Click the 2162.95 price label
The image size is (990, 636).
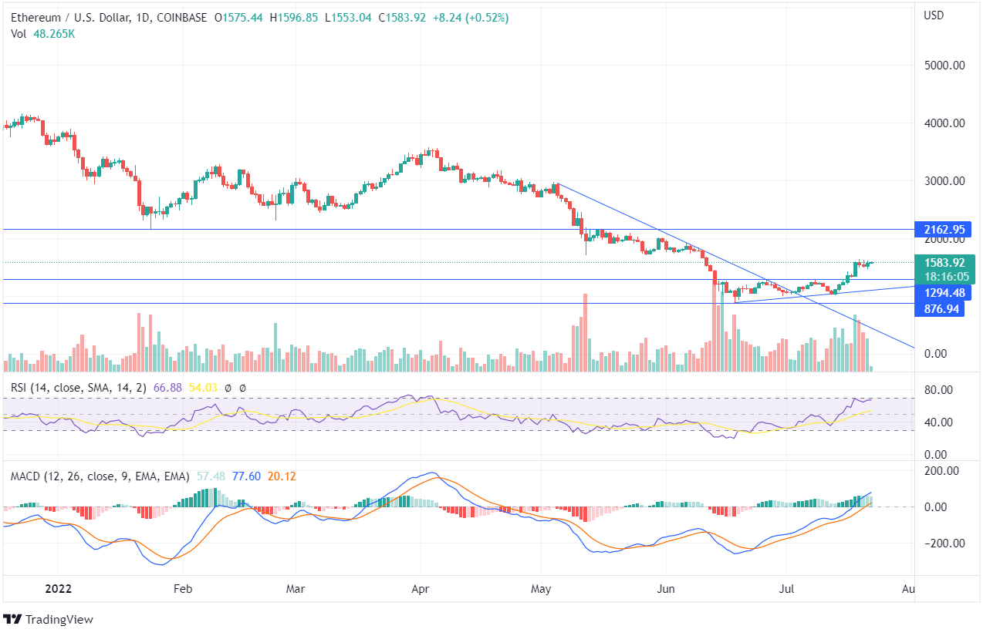click(944, 229)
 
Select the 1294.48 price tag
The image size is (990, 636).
click(944, 293)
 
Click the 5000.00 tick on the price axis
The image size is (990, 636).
click(944, 66)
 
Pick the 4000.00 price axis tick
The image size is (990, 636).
click(944, 123)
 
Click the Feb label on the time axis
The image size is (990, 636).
click(182, 589)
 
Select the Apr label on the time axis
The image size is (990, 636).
click(421, 589)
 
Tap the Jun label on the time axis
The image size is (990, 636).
click(665, 589)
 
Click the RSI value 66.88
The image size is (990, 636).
click(167, 388)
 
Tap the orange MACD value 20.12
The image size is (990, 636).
click(275, 476)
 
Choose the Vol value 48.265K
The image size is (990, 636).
click(54, 34)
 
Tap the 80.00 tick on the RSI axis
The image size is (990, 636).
click(940, 390)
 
